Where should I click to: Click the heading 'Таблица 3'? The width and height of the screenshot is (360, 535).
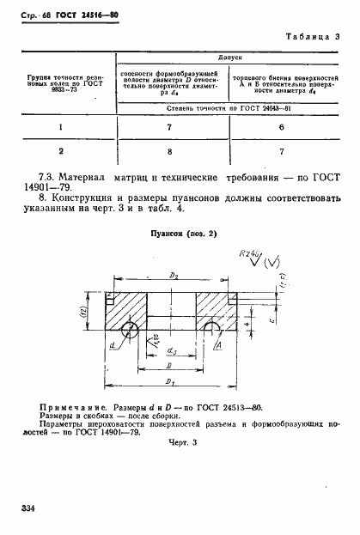pyautogui.click(x=309, y=37)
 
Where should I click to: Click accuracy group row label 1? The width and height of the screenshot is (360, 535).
pyautogui.click(x=61, y=126)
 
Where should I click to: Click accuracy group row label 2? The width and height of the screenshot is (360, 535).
pyautogui.click(x=61, y=149)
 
